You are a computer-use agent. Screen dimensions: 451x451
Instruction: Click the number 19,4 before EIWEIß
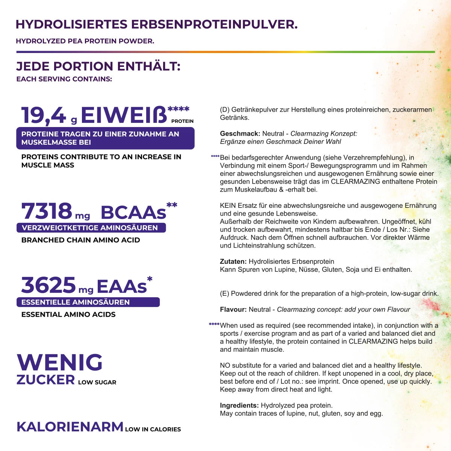(44, 115)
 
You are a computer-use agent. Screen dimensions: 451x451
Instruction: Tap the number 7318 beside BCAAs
(46, 211)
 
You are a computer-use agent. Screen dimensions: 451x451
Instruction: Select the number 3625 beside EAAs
(48, 285)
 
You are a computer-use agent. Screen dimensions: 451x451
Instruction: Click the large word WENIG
(60, 362)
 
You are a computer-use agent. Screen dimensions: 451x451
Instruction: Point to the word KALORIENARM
(70, 427)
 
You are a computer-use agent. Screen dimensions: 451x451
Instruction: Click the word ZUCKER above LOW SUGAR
(45, 380)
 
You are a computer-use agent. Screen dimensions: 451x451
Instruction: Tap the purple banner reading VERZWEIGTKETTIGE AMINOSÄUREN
(91, 228)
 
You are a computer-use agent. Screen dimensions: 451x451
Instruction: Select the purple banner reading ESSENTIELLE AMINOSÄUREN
(88, 302)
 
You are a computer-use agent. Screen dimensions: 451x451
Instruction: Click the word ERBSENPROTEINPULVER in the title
(214, 24)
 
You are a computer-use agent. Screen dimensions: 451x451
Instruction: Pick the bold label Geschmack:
(240, 134)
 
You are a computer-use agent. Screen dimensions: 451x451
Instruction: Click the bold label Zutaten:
(233, 262)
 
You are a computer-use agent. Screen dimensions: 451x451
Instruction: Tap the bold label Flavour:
(233, 310)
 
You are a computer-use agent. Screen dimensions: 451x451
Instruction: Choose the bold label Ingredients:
(239, 406)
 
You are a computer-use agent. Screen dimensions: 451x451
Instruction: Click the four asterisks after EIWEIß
(179, 109)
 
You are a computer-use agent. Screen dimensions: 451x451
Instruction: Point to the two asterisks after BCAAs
(172, 205)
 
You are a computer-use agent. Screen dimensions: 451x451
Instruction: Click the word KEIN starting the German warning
(227, 206)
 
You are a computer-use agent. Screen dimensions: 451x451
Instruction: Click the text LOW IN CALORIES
(153, 429)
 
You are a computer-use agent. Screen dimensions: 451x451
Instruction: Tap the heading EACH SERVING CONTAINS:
(64, 79)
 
